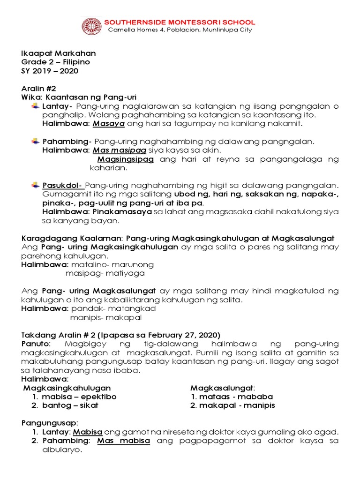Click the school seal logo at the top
(x=91, y=26)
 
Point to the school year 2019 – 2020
(x=55, y=71)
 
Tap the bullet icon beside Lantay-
(x=36, y=106)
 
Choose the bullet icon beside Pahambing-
(x=36, y=141)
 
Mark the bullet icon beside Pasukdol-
(x=36, y=185)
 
